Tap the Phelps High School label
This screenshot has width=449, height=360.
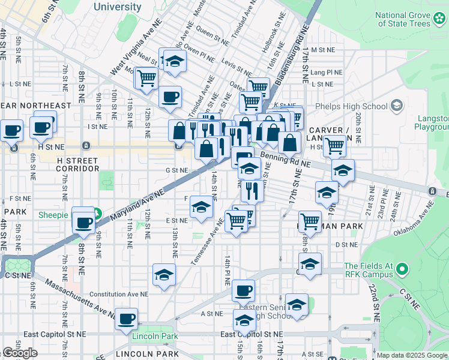[x=359, y=107]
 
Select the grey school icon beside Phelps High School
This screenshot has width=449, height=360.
[x=396, y=107]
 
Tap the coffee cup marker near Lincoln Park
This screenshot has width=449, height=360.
[x=126, y=319]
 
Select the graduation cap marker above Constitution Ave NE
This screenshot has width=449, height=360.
[x=164, y=274]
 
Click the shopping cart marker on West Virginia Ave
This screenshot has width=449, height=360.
[x=146, y=77]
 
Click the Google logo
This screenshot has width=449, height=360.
[x=20, y=353]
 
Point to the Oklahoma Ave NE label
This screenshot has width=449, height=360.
[x=414, y=220]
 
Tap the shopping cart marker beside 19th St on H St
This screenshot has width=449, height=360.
[x=334, y=145]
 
